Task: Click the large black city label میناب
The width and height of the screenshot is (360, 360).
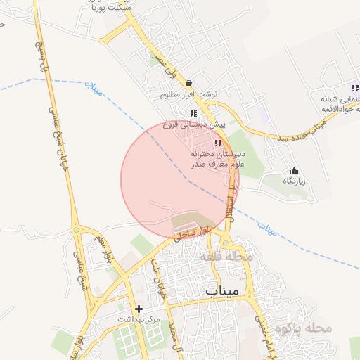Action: (x=224, y=290)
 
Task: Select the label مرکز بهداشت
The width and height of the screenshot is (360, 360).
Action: (x=139, y=319)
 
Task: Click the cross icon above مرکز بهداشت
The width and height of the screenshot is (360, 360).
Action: (x=139, y=309)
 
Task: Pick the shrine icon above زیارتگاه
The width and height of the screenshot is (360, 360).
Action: (x=294, y=170)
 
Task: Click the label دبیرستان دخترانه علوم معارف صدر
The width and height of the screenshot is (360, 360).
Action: (x=217, y=158)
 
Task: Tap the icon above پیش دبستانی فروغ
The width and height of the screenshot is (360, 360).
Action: (x=193, y=113)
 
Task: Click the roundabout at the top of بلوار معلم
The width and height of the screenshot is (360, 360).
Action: (x=77, y=230)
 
